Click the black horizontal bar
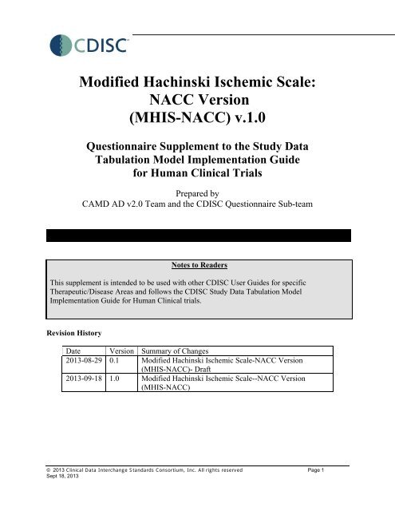coord(197,236)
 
